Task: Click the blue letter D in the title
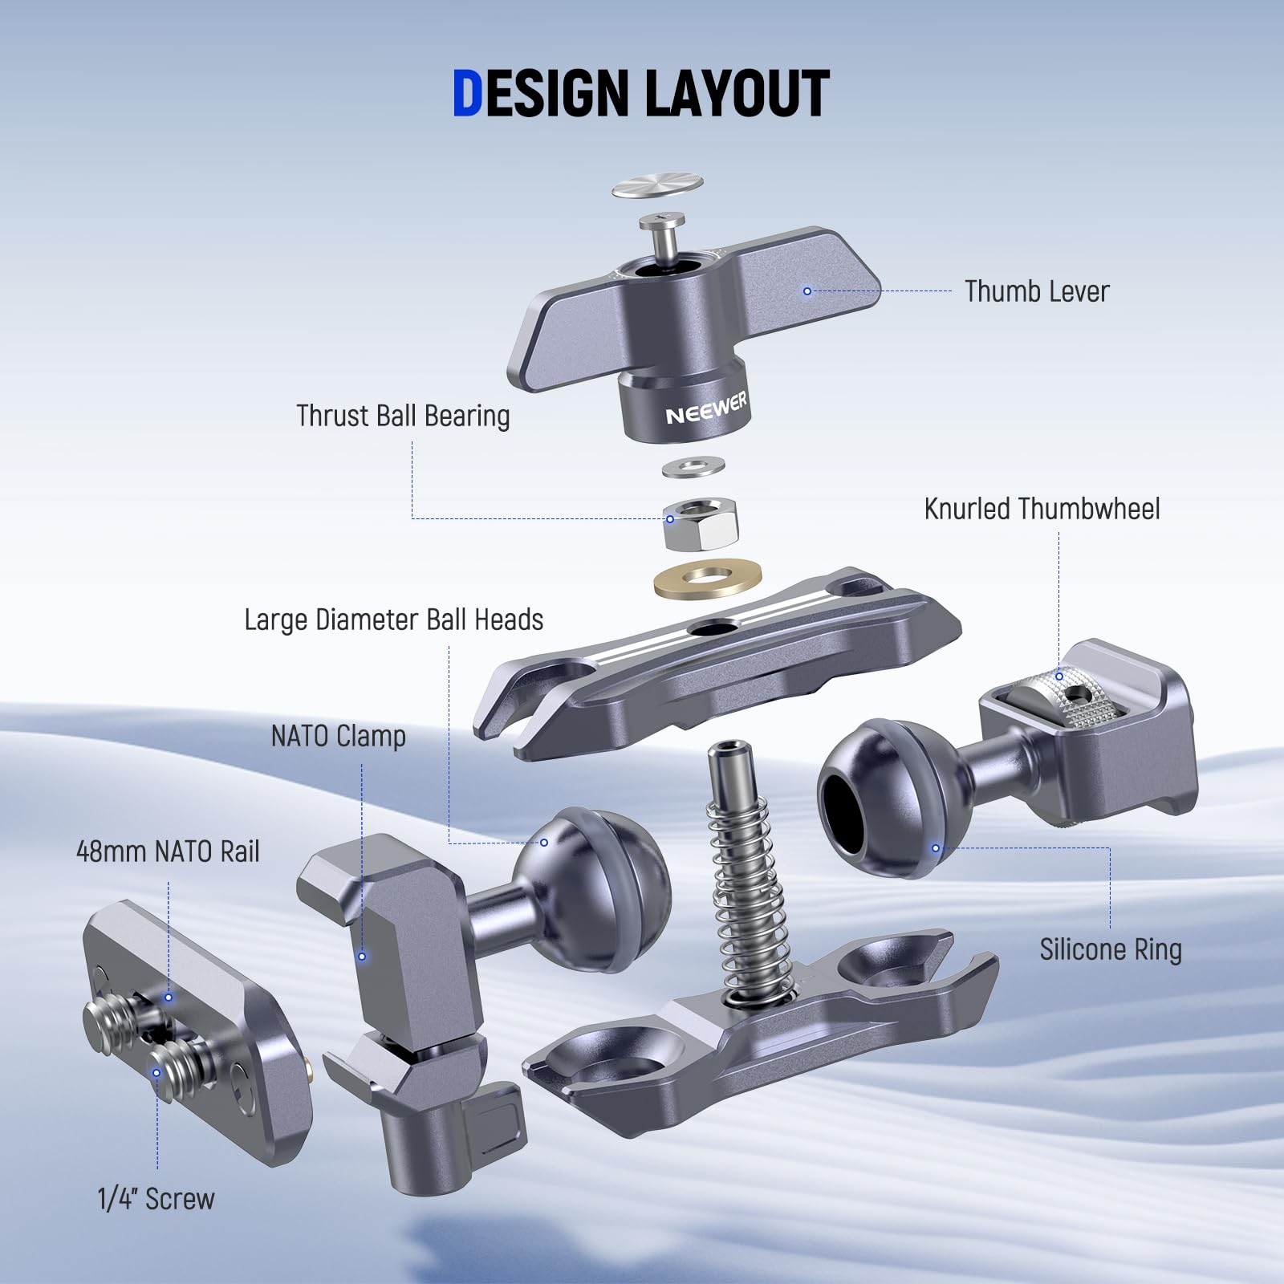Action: point(467,94)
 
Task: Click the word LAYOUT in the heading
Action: point(737,94)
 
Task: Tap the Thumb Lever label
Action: point(1036,291)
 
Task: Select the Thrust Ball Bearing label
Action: point(403,416)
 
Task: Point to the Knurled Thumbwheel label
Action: point(1042,509)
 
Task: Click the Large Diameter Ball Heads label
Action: point(393,620)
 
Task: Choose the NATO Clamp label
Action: point(338,736)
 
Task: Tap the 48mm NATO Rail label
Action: point(168,851)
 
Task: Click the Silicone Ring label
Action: point(1111,949)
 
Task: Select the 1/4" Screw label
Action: point(156,1199)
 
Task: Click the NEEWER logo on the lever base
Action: point(706,408)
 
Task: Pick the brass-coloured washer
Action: point(708,579)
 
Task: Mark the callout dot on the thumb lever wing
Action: point(807,291)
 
